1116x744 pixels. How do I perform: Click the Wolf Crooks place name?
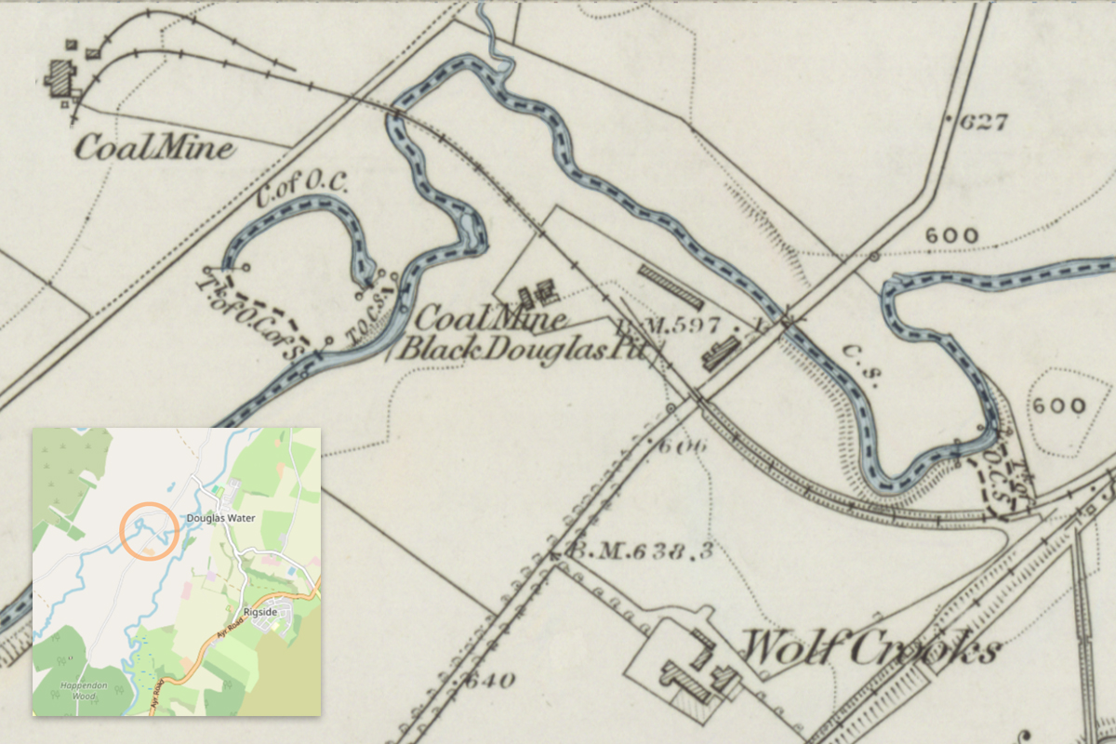(x=869, y=648)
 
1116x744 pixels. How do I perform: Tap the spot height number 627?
(x=985, y=121)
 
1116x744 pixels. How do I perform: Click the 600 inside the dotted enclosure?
(x=1057, y=406)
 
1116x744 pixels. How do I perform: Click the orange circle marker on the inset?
(x=149, y=530)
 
